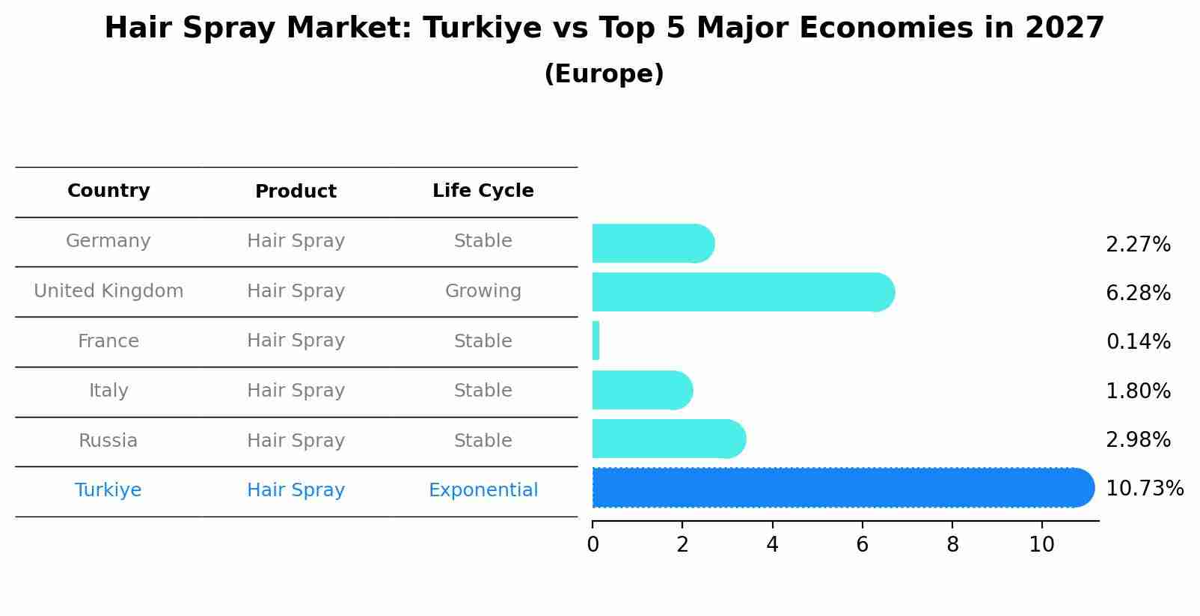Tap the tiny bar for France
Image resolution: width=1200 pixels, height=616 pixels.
coord(596,341)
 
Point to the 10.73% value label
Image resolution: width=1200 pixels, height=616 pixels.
coord(1144,489)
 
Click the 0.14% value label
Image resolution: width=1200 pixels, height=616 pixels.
coord(1138,342)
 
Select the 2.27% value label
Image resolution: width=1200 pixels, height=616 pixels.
coord(1138,245)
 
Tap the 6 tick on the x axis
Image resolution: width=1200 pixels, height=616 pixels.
coord(863,545)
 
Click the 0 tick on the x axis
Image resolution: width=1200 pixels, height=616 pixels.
coord(593,545)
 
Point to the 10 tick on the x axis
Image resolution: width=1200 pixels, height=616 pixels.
coord(1041,545)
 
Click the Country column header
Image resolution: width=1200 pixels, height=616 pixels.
coord(108,191)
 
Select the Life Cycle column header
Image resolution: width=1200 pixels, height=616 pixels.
coord(483,191)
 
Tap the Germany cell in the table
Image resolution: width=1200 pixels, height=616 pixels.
coord(108,241)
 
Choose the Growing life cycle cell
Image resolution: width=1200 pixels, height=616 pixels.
coord(483,291)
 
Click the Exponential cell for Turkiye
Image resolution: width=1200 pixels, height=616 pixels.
coord(483,490)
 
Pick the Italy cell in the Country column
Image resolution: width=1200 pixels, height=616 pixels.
coord(108,391)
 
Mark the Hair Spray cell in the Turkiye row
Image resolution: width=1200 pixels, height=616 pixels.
coord(296,490)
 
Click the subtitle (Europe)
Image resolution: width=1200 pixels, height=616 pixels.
coord(604,74)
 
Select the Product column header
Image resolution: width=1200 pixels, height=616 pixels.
coord(296,192)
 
